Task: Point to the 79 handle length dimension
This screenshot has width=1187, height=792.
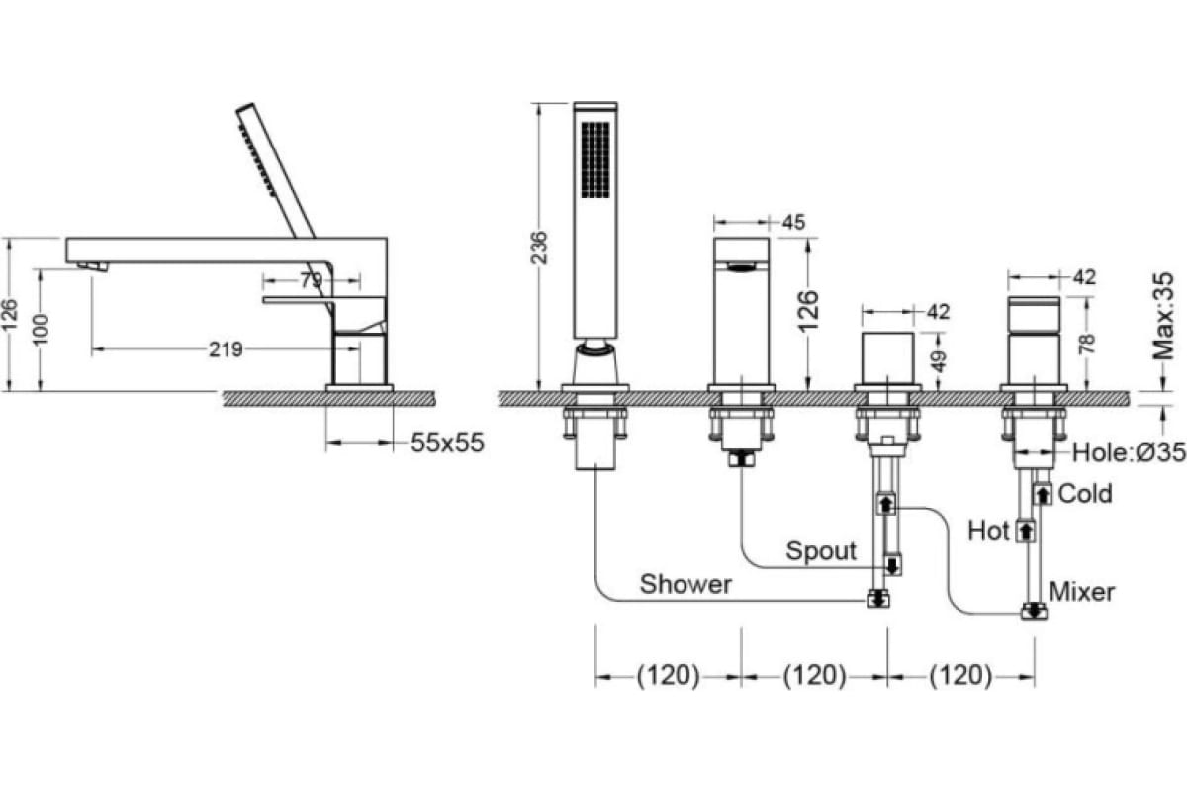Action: [x=311, y=280]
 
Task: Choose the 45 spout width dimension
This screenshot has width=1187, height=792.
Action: [x=792, y=222]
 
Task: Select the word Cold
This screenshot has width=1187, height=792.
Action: [x=1085, y=493]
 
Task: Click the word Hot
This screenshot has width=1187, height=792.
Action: [x=988, y=531]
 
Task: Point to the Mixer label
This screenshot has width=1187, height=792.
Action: [x=1081, y=592]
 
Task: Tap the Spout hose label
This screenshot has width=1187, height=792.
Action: [x=821, y=550]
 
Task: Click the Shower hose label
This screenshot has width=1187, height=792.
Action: [x=685, y=584]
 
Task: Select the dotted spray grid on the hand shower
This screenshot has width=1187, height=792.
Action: [x=597, y=159]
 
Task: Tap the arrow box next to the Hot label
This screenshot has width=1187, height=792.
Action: [x=1026, y=531]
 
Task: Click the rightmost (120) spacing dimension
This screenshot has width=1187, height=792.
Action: [x=959, y=676]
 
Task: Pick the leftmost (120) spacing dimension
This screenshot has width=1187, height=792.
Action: [x=668, y=676]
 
